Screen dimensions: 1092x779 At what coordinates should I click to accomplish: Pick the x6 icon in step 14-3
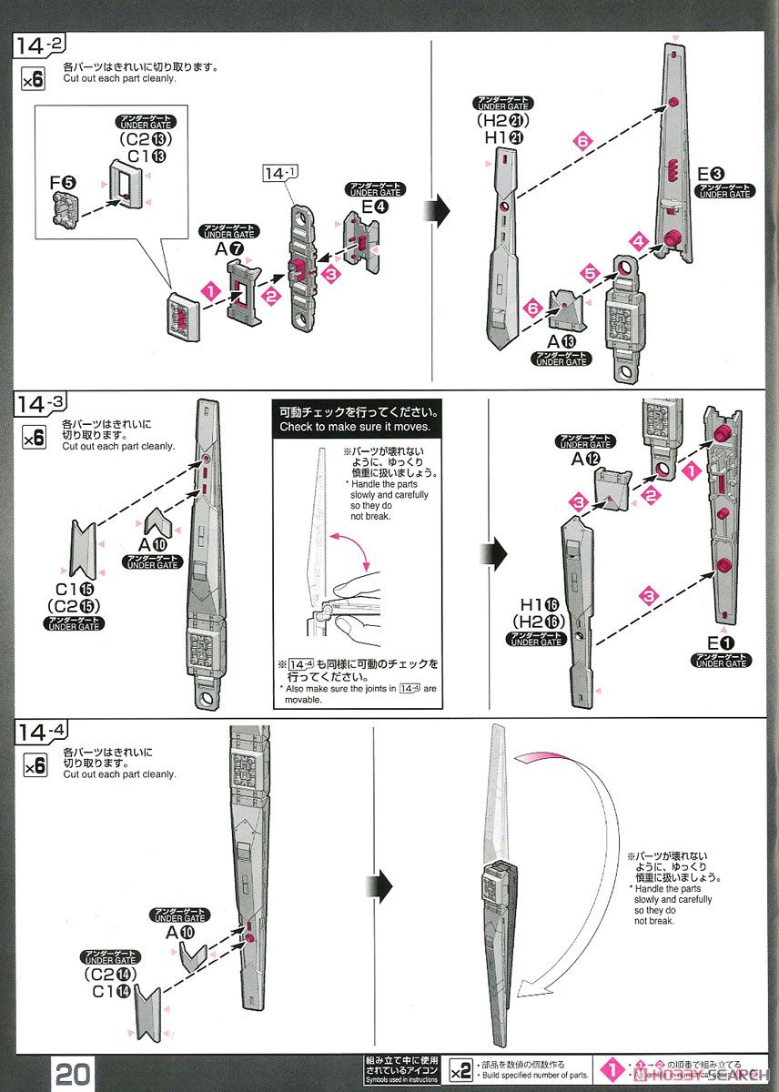coord(33,438)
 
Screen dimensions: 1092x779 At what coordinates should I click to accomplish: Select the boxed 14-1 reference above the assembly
coord(275,172)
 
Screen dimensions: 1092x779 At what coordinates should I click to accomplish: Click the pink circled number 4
coord(639,242)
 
